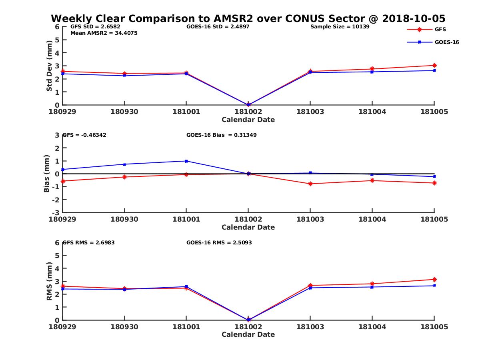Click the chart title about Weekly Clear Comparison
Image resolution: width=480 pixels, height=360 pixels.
(x=248, y=18)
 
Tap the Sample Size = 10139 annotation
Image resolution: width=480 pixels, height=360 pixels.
(x=340, y=27)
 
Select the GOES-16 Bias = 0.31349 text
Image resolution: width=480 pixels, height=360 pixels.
(x=221, y=135)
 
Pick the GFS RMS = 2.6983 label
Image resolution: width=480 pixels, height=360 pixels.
(x=88, y=242)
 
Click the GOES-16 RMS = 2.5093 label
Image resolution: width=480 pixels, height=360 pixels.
(x=219, y=242)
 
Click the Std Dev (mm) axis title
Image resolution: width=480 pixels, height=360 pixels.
(x=49, y=66)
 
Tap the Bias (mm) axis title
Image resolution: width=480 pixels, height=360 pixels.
(x=47, y=174)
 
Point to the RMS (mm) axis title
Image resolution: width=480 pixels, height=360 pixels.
(x=49, y=282)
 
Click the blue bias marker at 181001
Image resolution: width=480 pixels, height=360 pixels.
(x=186, y=161)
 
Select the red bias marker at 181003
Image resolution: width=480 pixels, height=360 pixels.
(x=310, y=184)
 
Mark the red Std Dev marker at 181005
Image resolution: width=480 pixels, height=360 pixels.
(x=434, y=65)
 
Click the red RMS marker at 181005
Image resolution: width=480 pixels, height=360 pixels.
(x=434, y=279)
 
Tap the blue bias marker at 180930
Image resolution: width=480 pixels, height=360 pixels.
(x=124, y=164)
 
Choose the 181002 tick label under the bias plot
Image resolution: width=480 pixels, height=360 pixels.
(x=248, y=219)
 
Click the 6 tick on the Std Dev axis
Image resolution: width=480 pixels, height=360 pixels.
(x=57, y=27)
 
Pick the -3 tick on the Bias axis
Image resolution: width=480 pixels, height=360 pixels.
(x=56, y=212)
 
